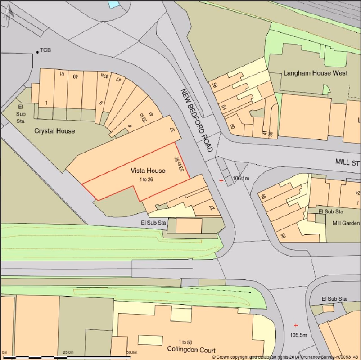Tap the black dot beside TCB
click(x=37, y=52)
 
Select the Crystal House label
click(x=54, y=131)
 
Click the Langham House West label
click(x=315, y=73)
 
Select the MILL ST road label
click(x=348, y=162)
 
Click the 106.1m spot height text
click(x=240, y=178)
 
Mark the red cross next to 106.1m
click(x=221, y=180)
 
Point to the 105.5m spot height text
click(x=298, y=335)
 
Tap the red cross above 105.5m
click(x=296, y=325)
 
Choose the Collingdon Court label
click(x=191, y=350)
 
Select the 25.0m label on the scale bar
click(x=69, y=352)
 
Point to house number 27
click(x=211, y=207)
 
